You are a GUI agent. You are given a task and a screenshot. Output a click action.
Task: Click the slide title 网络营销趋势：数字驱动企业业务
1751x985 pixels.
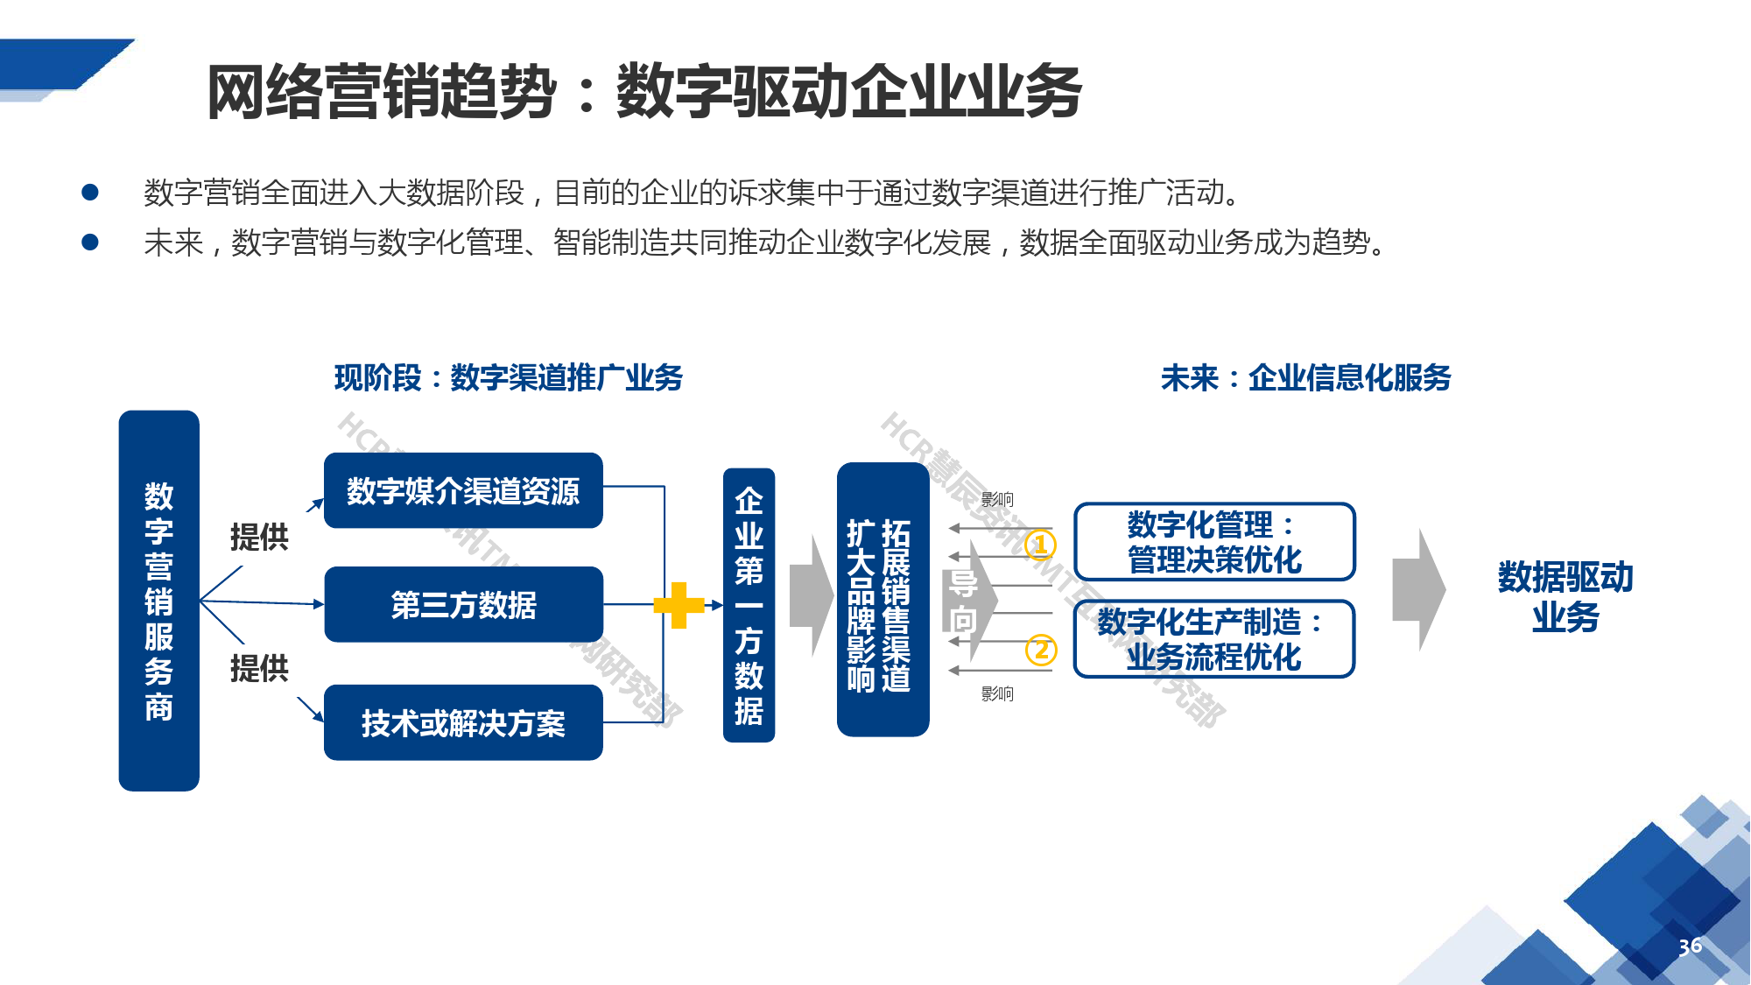click(643, 92)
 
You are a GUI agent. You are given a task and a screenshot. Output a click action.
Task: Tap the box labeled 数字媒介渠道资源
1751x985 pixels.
click(463, 490)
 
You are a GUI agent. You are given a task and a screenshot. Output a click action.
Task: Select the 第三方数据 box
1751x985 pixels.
click(463, 604)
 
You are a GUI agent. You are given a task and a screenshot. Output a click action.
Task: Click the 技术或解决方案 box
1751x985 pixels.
click(463, 722)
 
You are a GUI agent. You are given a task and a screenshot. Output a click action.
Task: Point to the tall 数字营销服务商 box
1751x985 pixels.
click(158, 601)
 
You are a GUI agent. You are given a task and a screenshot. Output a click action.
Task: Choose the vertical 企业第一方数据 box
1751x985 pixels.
click(749, 605)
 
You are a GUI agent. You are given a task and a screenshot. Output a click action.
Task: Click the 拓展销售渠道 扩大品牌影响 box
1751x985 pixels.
click(883, 600)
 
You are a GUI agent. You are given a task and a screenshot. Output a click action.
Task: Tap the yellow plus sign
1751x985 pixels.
click(679, 605)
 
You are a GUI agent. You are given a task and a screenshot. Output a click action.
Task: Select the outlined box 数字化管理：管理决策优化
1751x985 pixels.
click(1214, 542)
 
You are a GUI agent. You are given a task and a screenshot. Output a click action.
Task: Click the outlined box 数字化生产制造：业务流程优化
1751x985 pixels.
click(1214, 639)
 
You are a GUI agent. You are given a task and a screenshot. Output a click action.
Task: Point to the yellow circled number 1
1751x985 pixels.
click(1040, 545)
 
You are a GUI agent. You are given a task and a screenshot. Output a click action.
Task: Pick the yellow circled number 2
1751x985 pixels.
click(1041, 650)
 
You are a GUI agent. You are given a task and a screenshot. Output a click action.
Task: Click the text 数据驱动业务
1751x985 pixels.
click(1565, 597)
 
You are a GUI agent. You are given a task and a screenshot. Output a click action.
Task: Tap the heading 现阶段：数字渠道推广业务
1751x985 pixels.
click(508, 378)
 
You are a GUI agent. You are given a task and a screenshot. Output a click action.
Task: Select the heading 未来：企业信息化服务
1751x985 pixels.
click(1305, 378)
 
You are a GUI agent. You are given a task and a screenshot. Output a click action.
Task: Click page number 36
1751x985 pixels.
click(1690, 946)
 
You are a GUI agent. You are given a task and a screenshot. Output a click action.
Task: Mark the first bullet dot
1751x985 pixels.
click(90, 193)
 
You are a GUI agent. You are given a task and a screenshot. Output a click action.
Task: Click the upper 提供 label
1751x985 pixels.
click(259, 537)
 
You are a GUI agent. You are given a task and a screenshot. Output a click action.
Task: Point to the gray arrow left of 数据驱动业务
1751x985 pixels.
click(1418, 590)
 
